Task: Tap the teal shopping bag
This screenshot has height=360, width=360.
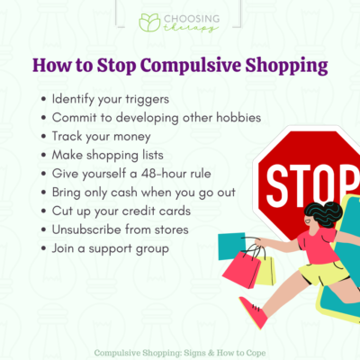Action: (231, 244)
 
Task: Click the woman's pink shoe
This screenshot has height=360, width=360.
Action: (253, 313)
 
